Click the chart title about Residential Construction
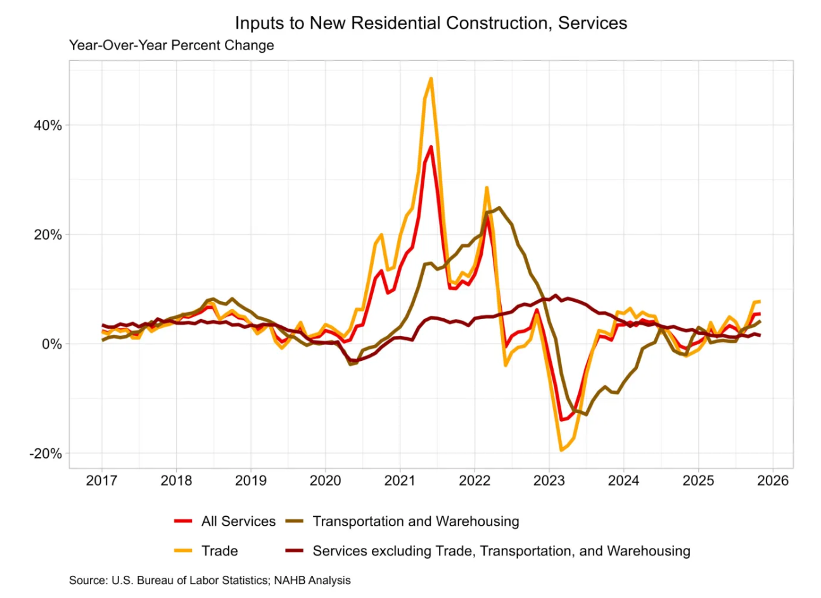pyautogui.click(x=431, y=23)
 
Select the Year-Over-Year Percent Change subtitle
pyautogui.click(x=172, y=46)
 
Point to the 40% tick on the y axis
pyautogui.click(x=48, y=126)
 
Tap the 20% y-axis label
pyautogui.click(x=48, y=235)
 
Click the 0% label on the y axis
pyautogui.click(x=51, y=344)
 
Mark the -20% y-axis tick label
pyautogui.click(x=46, y=454)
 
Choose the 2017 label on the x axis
pyautogui.click(x=101, y=481)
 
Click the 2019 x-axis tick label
pyautogui.click(x=250, y=481)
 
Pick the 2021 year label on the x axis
pyautogui.click(x=400, y=481)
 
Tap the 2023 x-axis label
pyautogui.click(x=549, y=481)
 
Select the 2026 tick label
pyautogui.click(x=773, y=481)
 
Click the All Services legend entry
pyautogui.click(x=238, y=522)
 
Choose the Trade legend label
pyautogui.click(x=219, y=551)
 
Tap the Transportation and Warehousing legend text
pyautogui.click(x=416, y=522)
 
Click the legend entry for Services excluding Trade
pyautogui.click(x=501, y=551)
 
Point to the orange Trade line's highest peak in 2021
pyautogui.click(x=431, y=79)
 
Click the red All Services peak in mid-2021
pyautogui.click(x=431, y=147)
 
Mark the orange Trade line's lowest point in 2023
pyautogui.click(x=561, y=450)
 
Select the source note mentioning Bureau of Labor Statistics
pyautogui.click(x=210, y=580)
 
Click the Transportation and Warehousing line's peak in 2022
pyautogui.click(x=499, y=207)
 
